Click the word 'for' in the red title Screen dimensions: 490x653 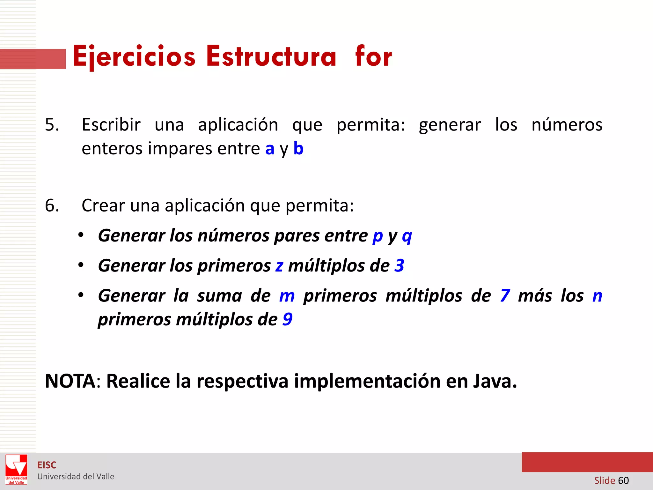pos(373,57)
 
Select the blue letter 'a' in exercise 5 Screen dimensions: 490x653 pos(270,149)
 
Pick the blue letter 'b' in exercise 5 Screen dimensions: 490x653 pos(298,148)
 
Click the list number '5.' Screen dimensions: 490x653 pos(52,125)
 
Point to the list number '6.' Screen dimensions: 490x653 pos(52,205)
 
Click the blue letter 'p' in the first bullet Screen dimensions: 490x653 pos(378,236)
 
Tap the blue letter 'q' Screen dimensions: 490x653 pos(407,236)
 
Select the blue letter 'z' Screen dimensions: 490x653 pos(279,266)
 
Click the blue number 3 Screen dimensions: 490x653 pos(399,265)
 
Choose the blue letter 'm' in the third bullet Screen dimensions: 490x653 pos(287,296)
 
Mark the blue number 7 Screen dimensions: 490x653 pos(505,295)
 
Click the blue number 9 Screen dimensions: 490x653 pos(287,319)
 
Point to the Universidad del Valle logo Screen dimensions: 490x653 pos(16,469)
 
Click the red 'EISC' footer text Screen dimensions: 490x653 pos(47,465)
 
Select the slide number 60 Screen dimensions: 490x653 pos(623,480)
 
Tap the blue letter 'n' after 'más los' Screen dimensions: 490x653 pos(597,296)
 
